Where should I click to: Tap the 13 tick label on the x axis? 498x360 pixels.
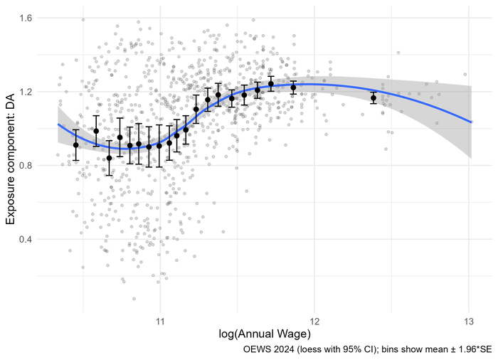(x=468, y=320)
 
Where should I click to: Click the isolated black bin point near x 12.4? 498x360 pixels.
(x=373, y=97)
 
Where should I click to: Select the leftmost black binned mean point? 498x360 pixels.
(x=75, y=145)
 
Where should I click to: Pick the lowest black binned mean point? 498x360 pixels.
(x=109, y=158)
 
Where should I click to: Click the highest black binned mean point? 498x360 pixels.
(x=271, y=84)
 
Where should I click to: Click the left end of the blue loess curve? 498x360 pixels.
(x=58, y=124)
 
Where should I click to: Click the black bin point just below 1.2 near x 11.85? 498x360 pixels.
(x=293, y=88)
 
